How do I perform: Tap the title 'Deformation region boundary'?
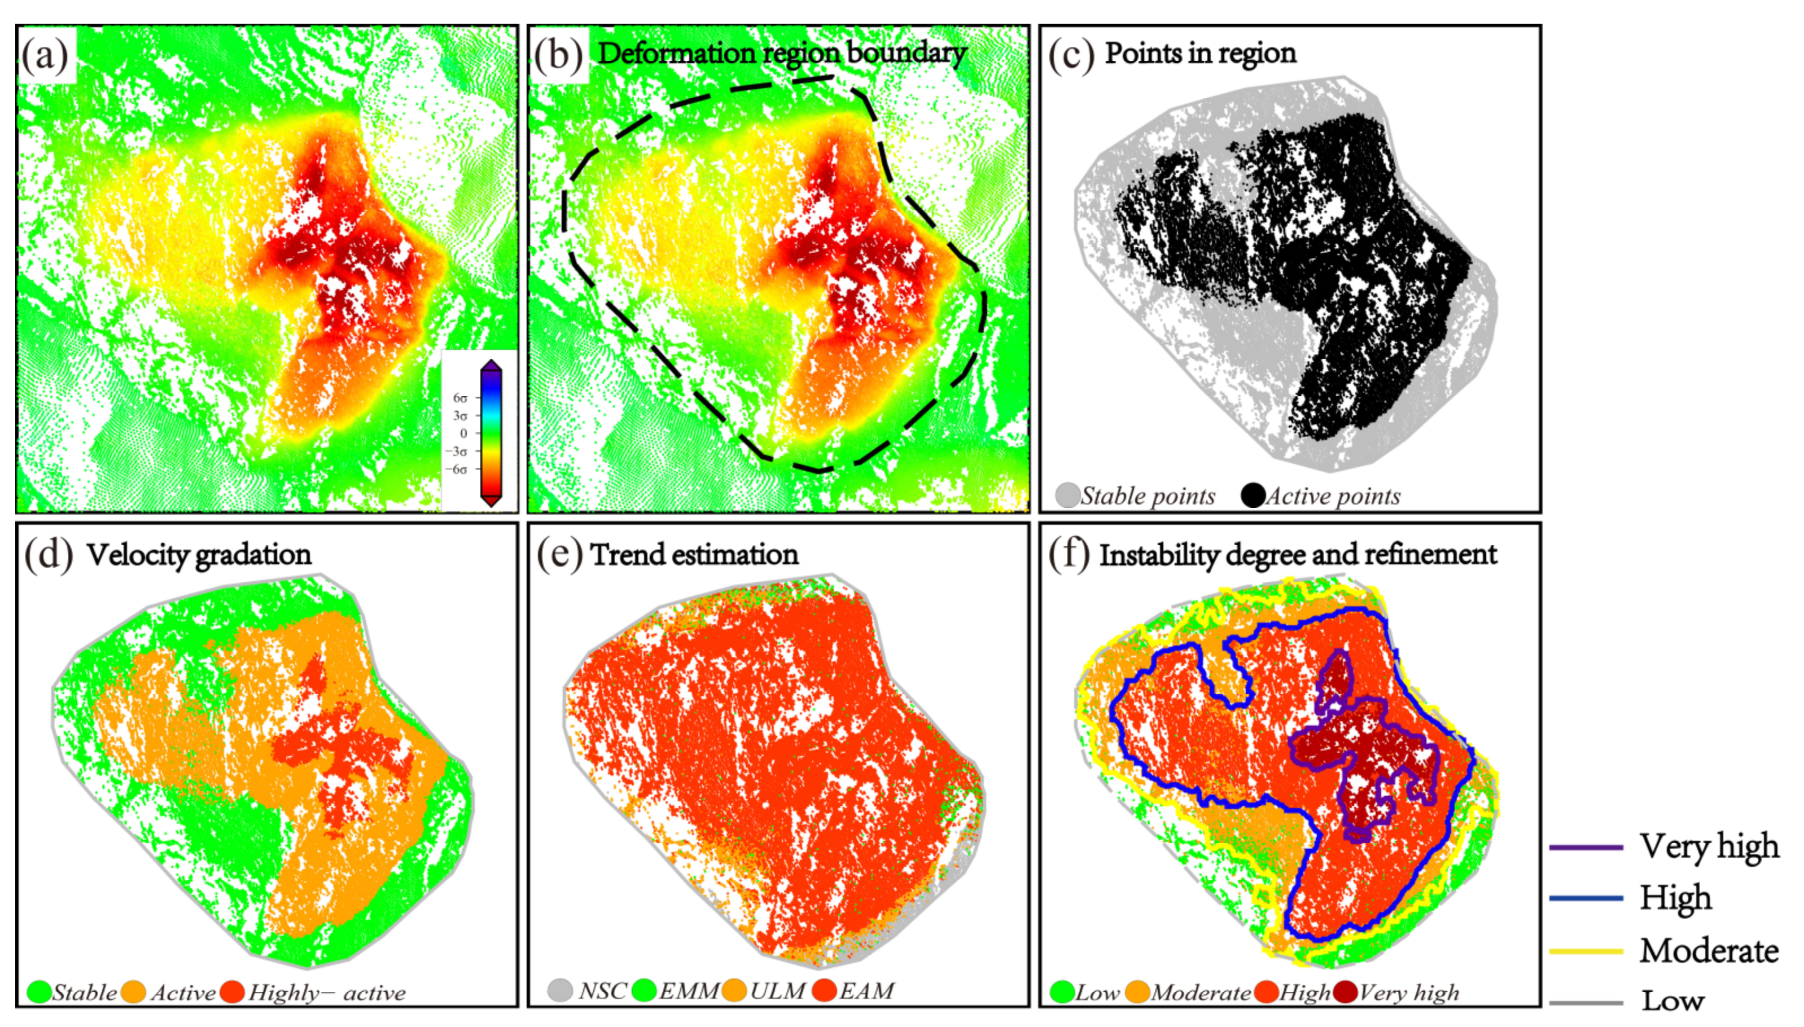pos(781,53)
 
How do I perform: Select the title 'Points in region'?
pos(1199,53)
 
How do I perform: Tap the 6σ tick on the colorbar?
pos(460,398)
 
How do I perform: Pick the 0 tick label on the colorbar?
pos(463,433)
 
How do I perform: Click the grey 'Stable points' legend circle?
pos(1067,495)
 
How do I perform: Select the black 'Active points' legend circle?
pos(1253,495)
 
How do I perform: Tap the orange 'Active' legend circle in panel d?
pos(133,992)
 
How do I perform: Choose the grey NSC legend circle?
pos(560,990)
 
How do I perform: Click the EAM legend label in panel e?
pos(866,991)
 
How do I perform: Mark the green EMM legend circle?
pos(644,990)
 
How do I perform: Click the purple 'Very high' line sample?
pos(1586,847)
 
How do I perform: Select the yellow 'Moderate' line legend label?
pos(1708,951)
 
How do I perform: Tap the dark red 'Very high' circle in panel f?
pos(1346,992)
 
